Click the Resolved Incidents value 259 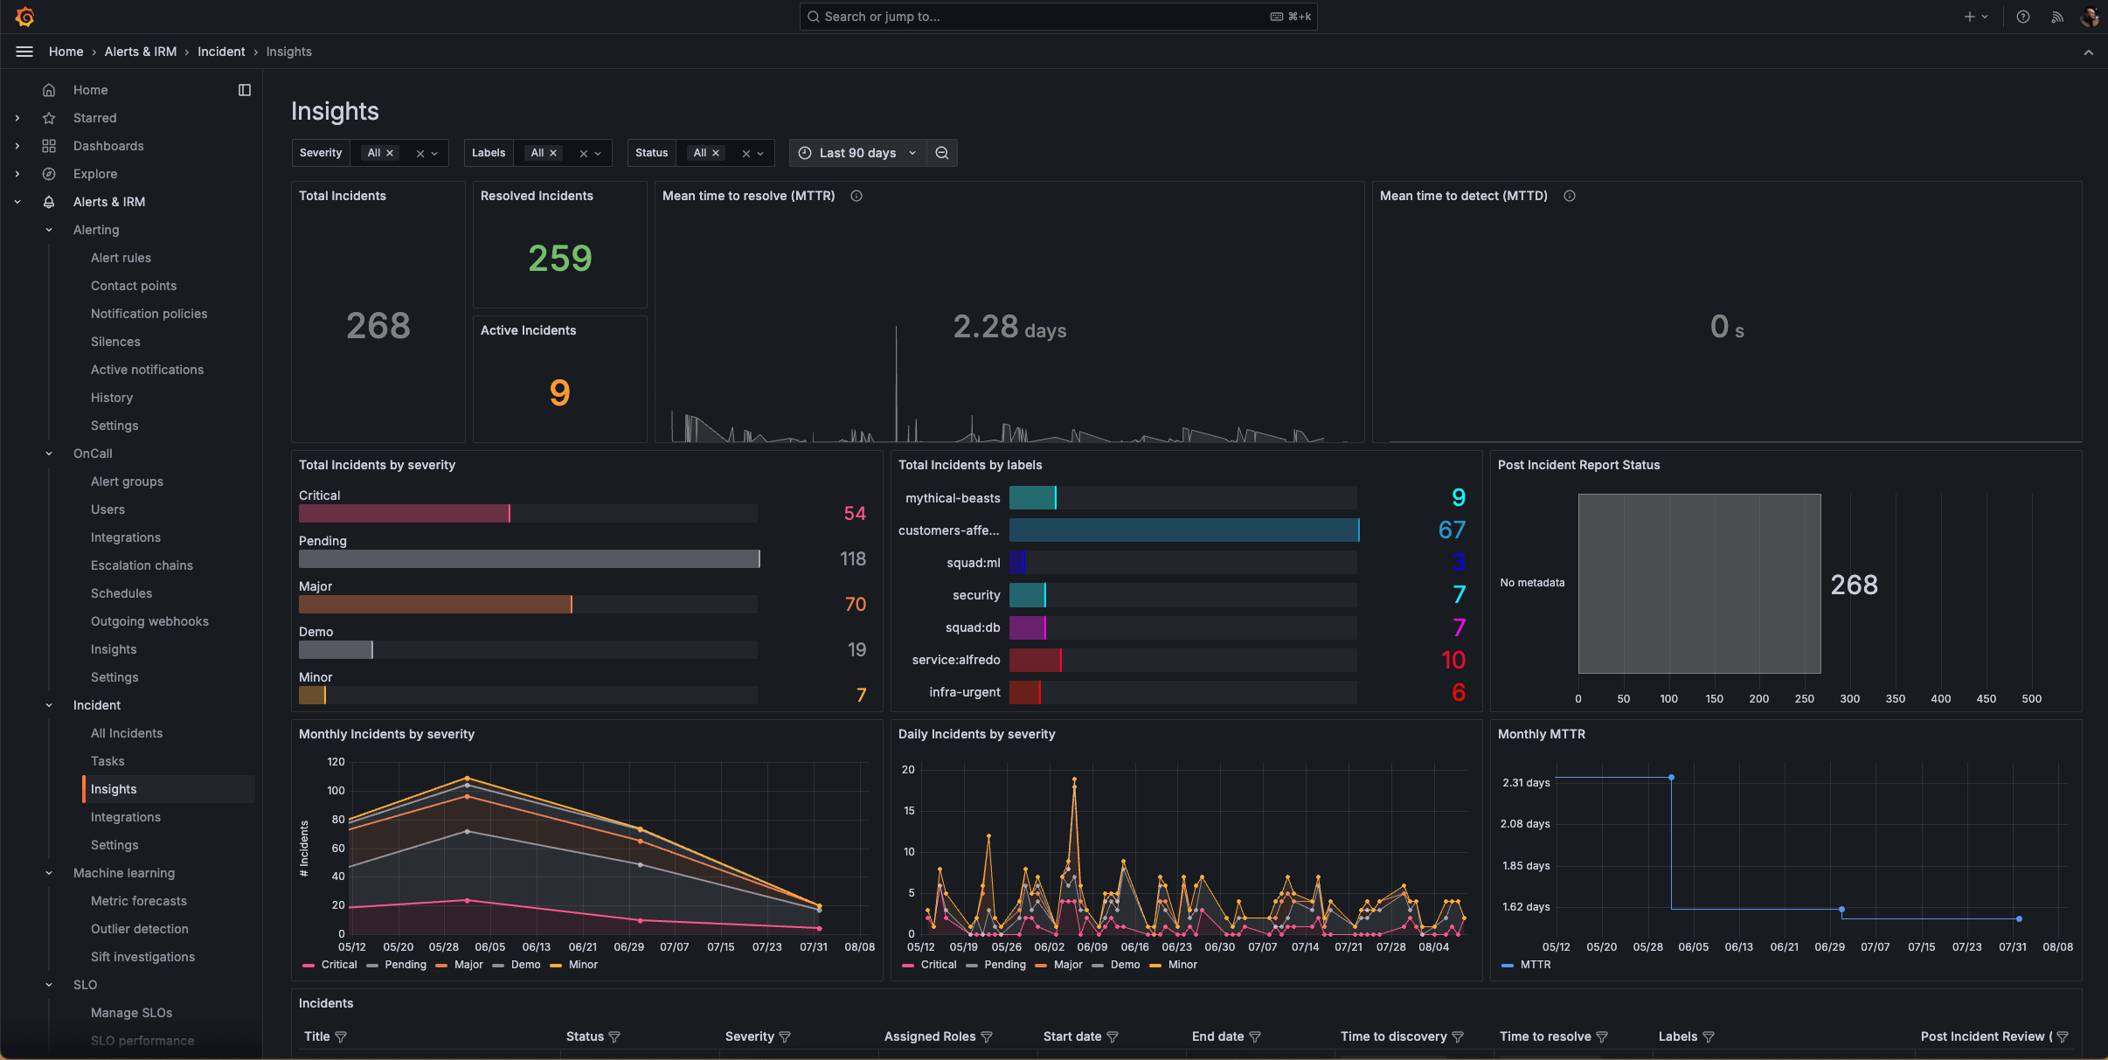pos(559,259)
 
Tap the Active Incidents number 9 pos(559,392)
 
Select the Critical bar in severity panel pos(404,514)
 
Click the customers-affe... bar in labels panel pos(1183,530)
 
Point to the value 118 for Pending pos(852,559)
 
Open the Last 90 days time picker pos(857,153)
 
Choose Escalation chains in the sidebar pos(142,565)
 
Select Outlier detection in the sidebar pos(140,929)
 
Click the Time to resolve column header pos(1544,1036)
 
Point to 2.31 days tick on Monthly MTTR pos(1526,783)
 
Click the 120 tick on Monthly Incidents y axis pos(336,762)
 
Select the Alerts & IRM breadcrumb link pos(140,52)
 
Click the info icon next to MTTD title pos(1570,196)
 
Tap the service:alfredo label pos(955,660)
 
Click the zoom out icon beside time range pos(942,153)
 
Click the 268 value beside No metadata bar pos(1854,585)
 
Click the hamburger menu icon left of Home pos(24,52)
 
